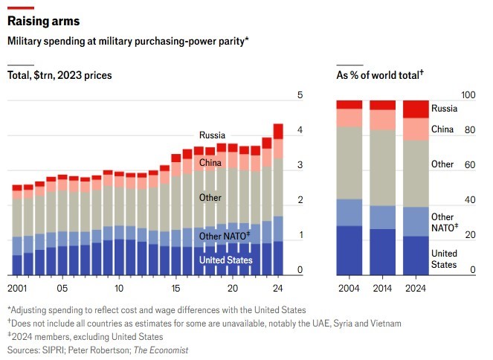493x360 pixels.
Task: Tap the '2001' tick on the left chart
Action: (19, 289)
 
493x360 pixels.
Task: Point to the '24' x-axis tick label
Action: (278, 289)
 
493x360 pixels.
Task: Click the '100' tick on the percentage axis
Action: (468, 95)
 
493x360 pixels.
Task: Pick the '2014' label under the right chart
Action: (382, 289)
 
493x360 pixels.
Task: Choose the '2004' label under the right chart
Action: (349, 289)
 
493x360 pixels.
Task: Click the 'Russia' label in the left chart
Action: (212, 135)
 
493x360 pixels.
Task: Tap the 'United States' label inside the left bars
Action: (226, 260)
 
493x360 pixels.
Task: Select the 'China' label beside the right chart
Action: (442, 129)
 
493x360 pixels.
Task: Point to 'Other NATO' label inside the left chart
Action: (224, 236)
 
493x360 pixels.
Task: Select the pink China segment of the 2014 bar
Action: (383, 120)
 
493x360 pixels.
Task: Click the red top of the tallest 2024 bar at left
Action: (278, 131)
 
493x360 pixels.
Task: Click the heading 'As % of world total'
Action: (380, 75)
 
